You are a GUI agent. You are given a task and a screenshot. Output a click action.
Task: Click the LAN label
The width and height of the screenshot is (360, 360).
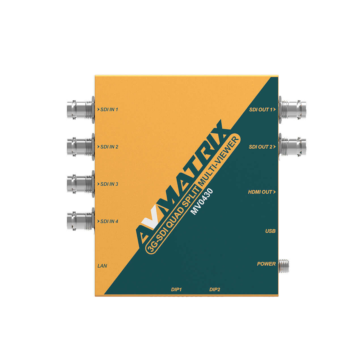click(102, 266)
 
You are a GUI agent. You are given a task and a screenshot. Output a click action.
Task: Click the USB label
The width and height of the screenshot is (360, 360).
click(270, 231)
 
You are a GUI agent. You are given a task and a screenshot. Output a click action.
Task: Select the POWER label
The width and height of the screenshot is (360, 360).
click(266, 264)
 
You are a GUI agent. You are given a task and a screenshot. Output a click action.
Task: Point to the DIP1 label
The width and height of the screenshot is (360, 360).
click(176, 289)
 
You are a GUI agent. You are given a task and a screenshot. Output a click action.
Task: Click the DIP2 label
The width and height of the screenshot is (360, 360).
click(215, 289)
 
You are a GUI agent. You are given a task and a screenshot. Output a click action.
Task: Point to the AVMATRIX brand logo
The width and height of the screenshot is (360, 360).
click(181, 181)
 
